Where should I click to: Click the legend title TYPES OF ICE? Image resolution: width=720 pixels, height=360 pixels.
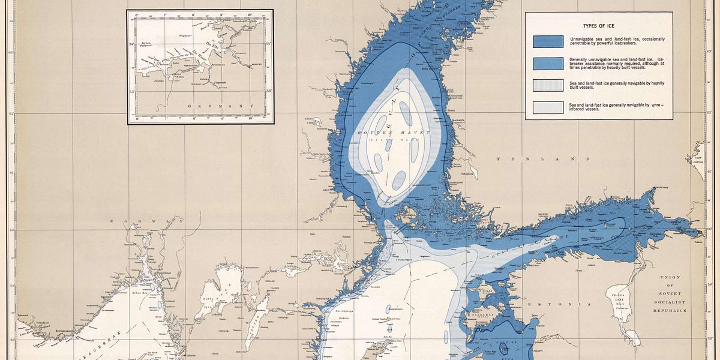click(610, 27)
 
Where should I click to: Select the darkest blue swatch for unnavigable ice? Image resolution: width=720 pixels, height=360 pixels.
click(548, 41)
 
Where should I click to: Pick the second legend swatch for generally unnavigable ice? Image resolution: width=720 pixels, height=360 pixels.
click(548, 64)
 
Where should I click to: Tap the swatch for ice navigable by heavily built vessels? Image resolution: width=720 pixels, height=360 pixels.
click(548, 85)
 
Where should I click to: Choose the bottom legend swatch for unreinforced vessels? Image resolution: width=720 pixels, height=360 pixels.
click(548, 107)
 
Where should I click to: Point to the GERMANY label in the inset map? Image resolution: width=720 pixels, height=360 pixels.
click(200, 107)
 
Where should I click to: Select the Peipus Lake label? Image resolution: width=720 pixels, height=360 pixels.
click(620, 299)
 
